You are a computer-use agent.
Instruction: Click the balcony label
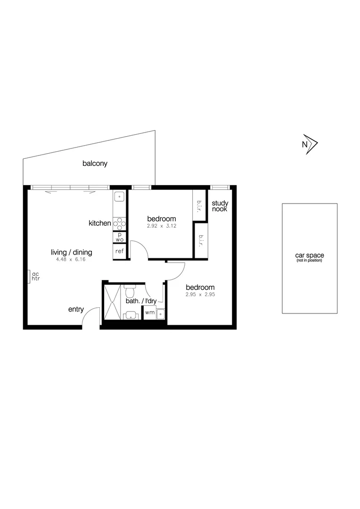point(95,164)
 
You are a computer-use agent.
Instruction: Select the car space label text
point(309,256)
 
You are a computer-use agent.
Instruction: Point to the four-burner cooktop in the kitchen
point(119,222)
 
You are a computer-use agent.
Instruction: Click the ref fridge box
point(120,251)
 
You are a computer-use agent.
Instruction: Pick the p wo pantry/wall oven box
point(120,237)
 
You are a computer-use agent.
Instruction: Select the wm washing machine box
point(149,312)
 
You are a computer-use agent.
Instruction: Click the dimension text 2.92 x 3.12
point(161,226)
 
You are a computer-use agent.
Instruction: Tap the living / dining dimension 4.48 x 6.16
point(71,259)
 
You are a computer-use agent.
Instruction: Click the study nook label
point(220,206)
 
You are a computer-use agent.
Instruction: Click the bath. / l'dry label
point(140,301)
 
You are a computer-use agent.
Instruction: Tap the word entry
point(76,310)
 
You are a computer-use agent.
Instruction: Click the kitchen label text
point(100,223)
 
